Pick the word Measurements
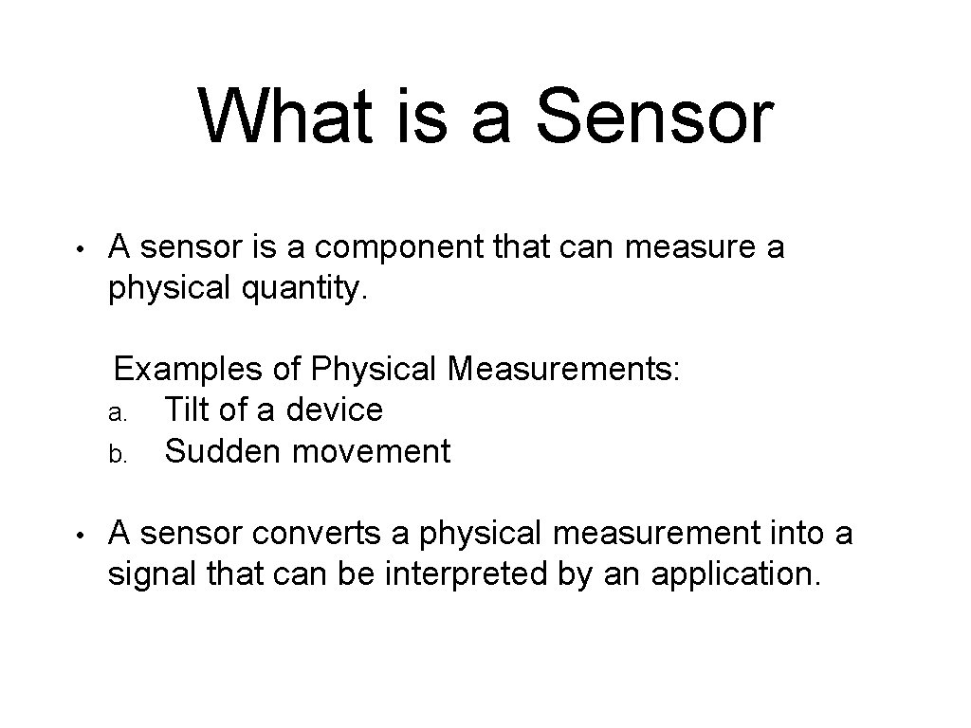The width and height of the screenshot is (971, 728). coord(565,368)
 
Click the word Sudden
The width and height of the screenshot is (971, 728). coord(224,451)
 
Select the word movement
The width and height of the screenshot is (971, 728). coord(372,451)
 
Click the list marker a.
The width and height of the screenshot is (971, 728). coord(116,412)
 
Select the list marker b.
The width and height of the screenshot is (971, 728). coord(116,454)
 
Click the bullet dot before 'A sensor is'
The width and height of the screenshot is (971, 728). coord(82,251)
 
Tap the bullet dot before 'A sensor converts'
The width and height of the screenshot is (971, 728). coord(82,537)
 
